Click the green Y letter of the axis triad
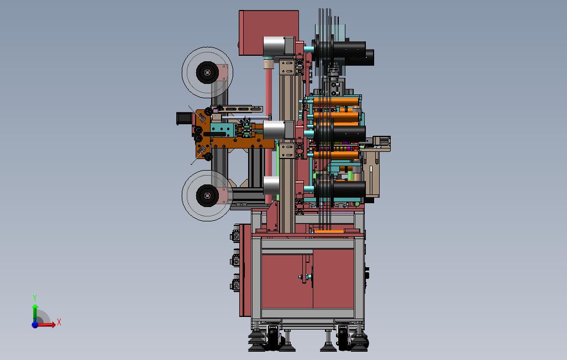[x=35, y=298]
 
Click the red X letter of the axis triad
[x=59, y=322]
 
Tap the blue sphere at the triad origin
[x=35, y=325]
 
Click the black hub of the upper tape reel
[x=207, y=73]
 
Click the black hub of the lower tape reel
[x=207, y=196]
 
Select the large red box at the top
[x=269, y=33]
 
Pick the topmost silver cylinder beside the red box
[x=274, y=46]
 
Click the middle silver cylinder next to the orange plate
[x=274, y=130]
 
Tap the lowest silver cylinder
[x=271, y=186]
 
